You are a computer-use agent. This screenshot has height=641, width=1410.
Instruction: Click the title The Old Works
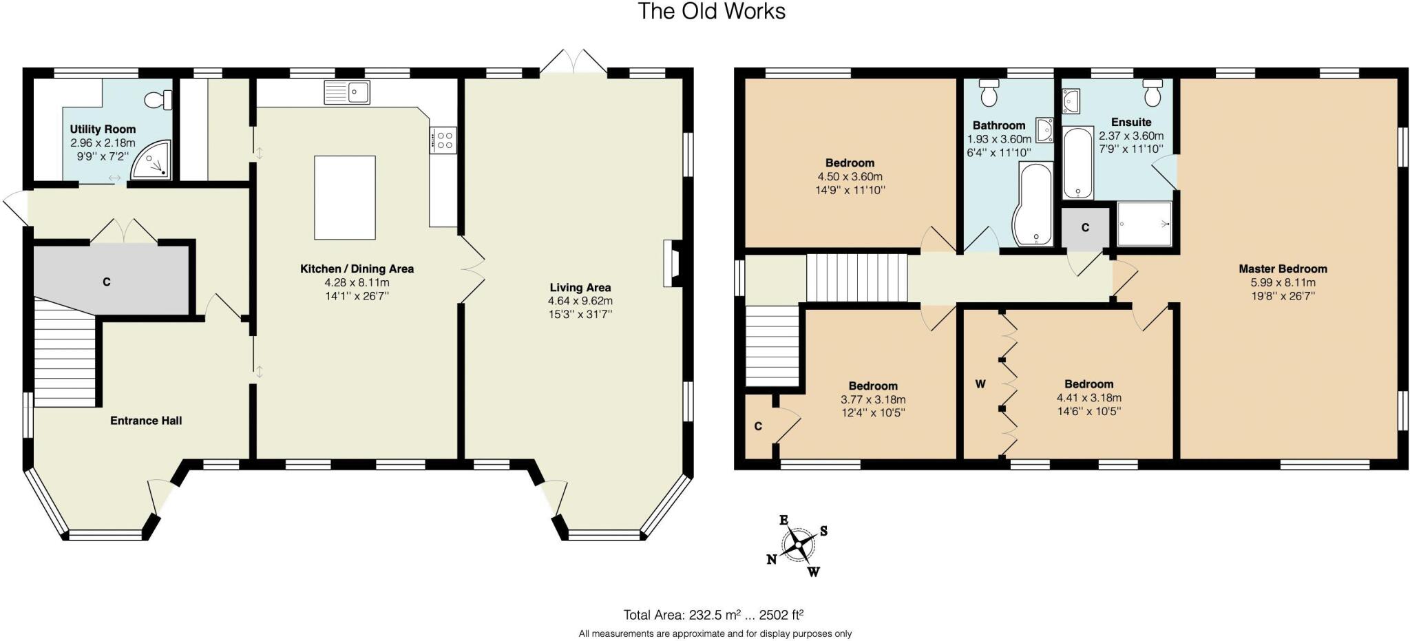coord(711,12)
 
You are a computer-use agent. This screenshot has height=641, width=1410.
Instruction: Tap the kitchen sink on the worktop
coord(347,92)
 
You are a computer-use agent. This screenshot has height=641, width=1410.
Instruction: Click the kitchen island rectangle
coord(345,197)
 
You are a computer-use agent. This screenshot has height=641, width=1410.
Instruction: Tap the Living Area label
coord(580,288)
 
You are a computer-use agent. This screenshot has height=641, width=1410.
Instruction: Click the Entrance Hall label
coord(146,421)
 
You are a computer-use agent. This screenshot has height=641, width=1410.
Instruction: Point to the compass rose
coord(799,545)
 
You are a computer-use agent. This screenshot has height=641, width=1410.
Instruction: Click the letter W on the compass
coord(814,571)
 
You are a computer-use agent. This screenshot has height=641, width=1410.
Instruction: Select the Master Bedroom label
coord(1283,269)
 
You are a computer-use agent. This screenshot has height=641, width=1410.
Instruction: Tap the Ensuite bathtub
coord(1078,163)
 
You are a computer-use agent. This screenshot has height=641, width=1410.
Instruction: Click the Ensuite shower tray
coord(1144,224)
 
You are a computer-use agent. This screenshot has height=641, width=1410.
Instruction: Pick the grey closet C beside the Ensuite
coord(1085,227)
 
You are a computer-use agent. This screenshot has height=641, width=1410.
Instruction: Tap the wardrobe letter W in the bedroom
coord(980,384)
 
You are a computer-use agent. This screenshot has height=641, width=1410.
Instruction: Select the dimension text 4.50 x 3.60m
coord(850,176)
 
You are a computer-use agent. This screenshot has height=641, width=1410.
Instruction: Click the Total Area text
coord(713,615)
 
